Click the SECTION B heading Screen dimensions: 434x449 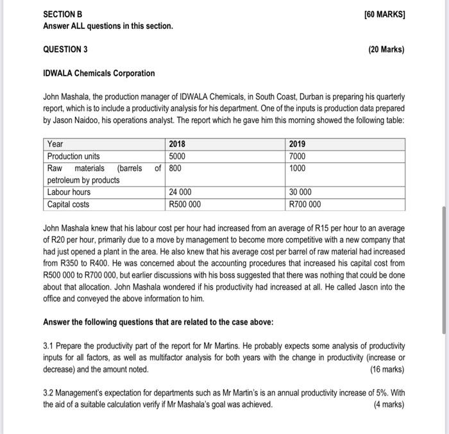(63, 14)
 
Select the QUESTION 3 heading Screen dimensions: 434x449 (65, 49)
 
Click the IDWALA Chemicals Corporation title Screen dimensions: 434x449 (99, 73)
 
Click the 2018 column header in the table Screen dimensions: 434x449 (178, 144)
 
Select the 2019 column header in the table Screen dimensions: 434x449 (298, 144)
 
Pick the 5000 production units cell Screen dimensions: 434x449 (178, 156)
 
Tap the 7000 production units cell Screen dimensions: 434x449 (298, 156)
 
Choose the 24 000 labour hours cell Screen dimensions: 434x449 (182, 192)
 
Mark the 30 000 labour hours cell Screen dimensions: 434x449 (301, 192)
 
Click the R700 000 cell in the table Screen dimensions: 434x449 (305, 204)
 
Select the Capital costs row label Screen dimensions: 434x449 (69, 204)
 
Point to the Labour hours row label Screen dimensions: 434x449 (69, 192)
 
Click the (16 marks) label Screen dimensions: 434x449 (388, 369)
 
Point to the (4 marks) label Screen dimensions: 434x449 (390, 405)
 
